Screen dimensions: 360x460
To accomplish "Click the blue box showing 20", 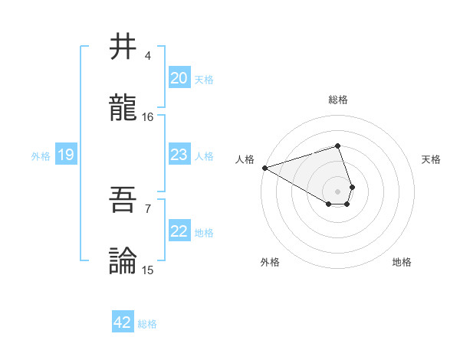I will pos(179,78).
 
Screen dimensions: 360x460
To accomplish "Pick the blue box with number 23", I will pos(179,155).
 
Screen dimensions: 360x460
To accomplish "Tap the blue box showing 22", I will pos(179,232).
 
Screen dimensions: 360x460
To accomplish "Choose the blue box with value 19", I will pos(65,155).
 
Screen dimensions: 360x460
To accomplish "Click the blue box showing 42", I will pos(123,322).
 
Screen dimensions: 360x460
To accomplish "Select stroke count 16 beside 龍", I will pos(148,117).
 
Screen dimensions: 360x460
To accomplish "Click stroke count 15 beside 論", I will pos(148,270).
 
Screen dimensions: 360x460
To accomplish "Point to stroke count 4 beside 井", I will pos(148,56).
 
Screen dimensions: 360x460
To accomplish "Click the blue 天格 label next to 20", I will pos(204,79).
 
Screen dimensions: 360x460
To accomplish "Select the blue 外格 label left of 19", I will pos(41,156).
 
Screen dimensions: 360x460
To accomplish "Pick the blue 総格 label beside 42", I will pos(147,323).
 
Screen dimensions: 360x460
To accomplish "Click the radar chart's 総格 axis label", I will pos(337,100).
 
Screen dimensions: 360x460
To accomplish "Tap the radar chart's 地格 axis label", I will pos(402,262).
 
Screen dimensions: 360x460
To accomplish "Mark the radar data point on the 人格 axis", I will pos(264,168).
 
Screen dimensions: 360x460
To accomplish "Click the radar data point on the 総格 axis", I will pos(337,146).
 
